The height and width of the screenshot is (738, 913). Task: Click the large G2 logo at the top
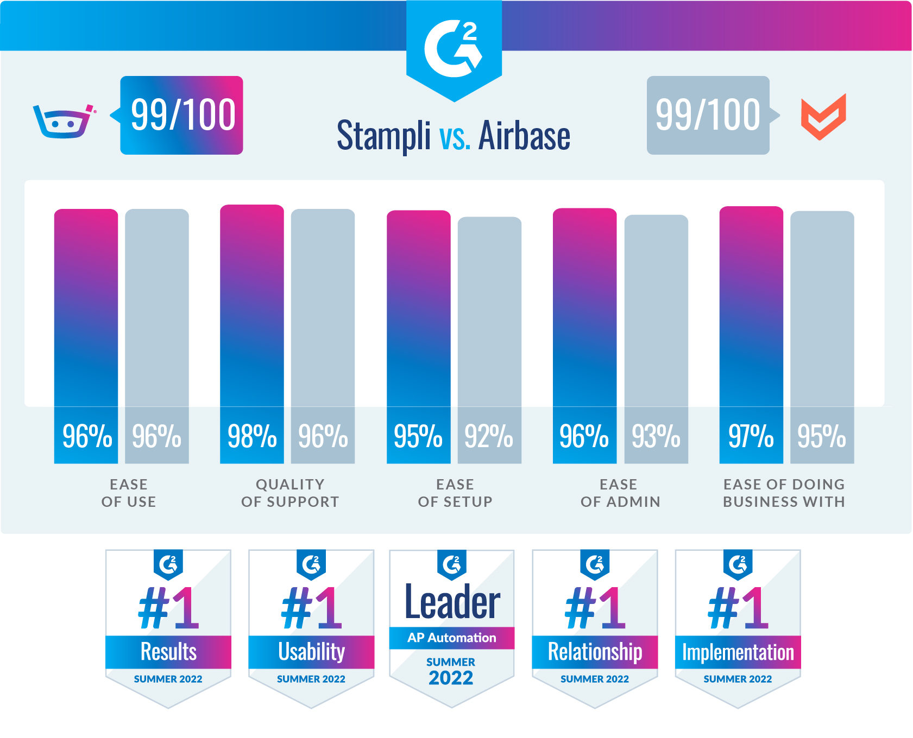click(x=454, y=49)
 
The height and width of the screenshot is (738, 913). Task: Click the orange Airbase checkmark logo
click(x=823, y=117)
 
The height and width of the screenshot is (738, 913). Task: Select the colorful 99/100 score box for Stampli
click(x=181, y=115)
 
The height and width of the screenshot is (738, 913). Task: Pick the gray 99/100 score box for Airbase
click(x=708, y=115)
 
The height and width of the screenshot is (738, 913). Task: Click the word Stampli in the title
click(x=383, y=136)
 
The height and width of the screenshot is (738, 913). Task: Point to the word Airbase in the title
click(x=524, y=136)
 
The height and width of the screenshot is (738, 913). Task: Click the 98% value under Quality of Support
click(x=252, y=436)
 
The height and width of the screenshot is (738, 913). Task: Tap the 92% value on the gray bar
click(x=489, y=436)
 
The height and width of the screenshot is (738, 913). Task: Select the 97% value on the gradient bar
click(x=751, y=436)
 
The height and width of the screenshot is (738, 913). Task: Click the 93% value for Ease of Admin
click(x=656, y=436)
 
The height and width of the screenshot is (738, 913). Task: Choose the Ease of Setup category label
click(x=455, y=493)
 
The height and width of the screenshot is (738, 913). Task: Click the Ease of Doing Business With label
click(x=784, y=493)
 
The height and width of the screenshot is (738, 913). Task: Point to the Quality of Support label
click(x=290, y=493)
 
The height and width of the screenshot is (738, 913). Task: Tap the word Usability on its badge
click(x=311, y=652)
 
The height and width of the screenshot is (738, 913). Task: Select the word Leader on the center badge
click(x=452, y=602)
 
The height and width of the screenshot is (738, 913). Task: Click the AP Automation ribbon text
click(x=452, y=638)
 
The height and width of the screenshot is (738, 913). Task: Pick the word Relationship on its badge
click(x=595, y=652)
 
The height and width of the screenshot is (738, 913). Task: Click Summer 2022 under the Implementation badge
click(x=738, y=679)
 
